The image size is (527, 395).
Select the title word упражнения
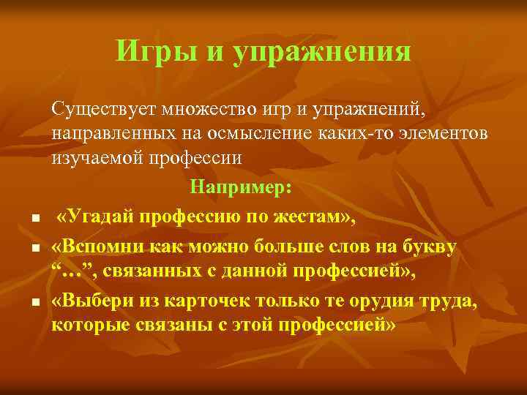pos(322,52)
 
